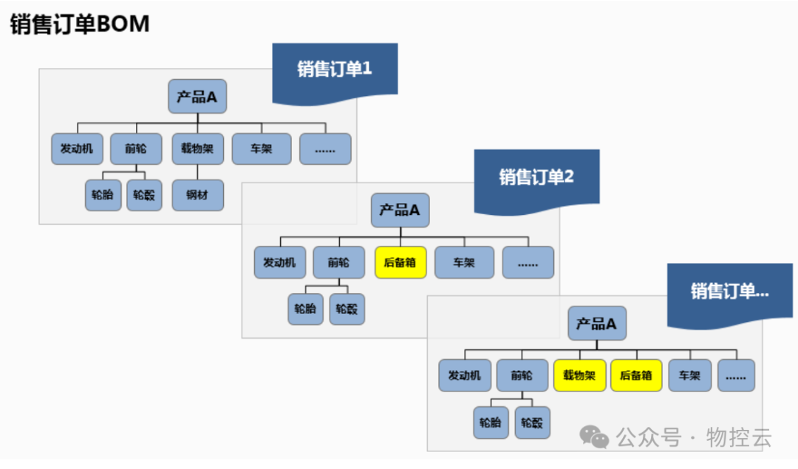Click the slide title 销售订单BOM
point(80,24)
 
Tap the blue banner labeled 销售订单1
point(335,69)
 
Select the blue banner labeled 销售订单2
point(536,177)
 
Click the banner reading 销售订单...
point(729,291)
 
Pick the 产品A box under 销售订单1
point(197,97)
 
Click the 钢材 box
point(197,196)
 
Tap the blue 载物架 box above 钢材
point(197,148)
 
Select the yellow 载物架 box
point(579,375)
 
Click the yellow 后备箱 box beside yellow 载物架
point(636,375)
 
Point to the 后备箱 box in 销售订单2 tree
point(400,262)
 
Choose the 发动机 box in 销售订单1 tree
point(77,148)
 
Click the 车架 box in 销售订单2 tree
point(464,262)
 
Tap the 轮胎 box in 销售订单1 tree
point(103,196)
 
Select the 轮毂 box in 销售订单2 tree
point(347,309)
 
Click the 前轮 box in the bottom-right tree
point(522,375)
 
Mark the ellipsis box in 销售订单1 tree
point(325,148)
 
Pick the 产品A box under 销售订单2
point(400,210)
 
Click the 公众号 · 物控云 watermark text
point(694,437)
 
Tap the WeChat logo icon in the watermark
point(594,437)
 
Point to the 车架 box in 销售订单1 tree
point(262,148)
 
